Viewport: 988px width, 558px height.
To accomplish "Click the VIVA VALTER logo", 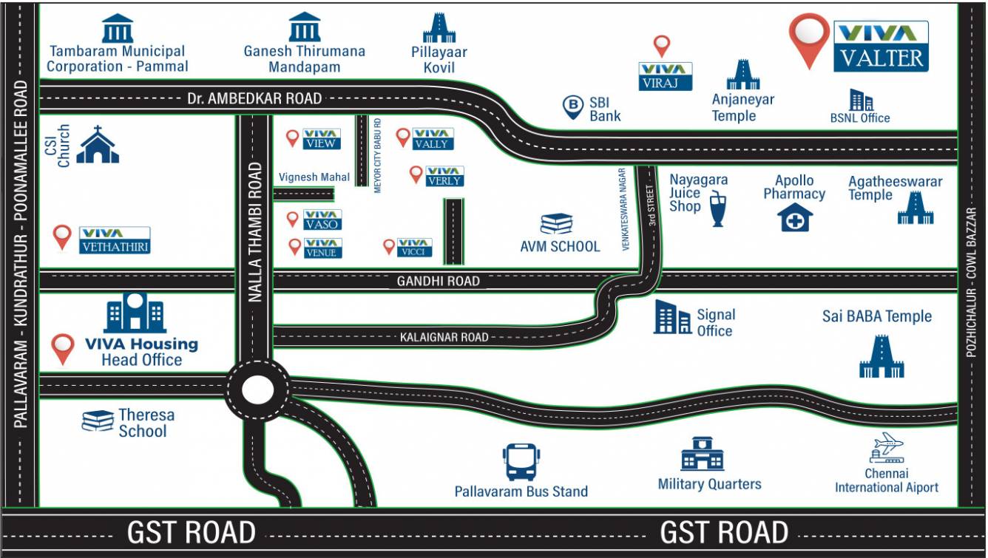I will [x=881, y=47].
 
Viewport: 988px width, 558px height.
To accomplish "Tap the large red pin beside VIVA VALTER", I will [x=808, y=38].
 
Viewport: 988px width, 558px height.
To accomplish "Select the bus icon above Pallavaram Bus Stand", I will [x=521, y=462].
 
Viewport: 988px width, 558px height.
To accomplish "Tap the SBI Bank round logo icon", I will [x=573, y=108].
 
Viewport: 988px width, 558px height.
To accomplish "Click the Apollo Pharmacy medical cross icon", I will [x=795, y=218].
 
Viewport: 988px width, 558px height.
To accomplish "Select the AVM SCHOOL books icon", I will [x=557, y=224].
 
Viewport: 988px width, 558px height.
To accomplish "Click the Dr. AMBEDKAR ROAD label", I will [x=254, y=98].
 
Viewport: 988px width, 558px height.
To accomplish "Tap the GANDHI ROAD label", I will [x=438, y=281].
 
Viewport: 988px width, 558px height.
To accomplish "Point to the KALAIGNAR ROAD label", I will [x=444, y=337].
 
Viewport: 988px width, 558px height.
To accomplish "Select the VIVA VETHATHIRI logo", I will [x=115, y=240].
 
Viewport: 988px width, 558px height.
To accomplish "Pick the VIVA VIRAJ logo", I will [x=666, y=77].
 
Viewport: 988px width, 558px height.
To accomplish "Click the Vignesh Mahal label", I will [x=314, y=177].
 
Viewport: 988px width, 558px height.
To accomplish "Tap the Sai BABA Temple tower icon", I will [x=882, y=357].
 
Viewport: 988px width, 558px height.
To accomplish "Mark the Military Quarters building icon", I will [x=702, y=454].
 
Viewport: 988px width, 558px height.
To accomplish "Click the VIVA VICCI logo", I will [x=414, y=247].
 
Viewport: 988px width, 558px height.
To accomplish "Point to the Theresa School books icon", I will [x=98, y=421].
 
